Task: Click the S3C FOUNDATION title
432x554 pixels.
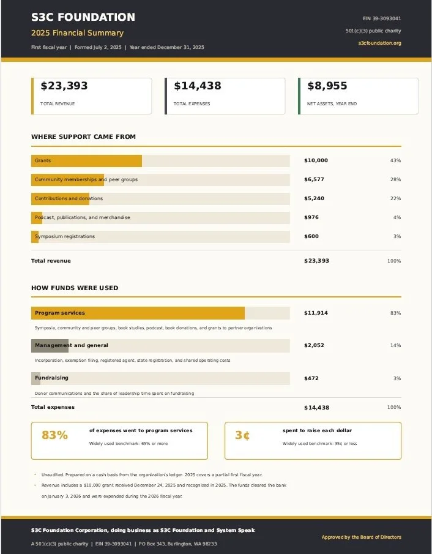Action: tap(83, 17)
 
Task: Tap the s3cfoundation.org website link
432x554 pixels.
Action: tap(380, 43)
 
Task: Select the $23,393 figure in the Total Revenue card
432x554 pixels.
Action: tap(64, 86)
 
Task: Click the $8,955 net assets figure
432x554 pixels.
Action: tap(327, 86)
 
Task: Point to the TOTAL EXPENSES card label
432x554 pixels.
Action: tap(192, 104)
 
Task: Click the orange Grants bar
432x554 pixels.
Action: tap(86, 161)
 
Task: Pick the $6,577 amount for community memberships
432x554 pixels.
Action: tap(314, 179)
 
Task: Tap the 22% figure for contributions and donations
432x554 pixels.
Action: tap(396, 198)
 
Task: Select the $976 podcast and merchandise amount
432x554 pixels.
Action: tap(311, 217)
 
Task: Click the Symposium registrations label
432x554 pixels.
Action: tap(65, 236)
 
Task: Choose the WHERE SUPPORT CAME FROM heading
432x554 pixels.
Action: tap(83, 137)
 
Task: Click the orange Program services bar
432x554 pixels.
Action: tap(138, 313)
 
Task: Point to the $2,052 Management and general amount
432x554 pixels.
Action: tap(314, 345)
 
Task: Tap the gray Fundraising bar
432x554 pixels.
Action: tap(35, 378)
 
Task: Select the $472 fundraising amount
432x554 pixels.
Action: tap(311, 378)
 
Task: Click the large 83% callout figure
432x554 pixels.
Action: tap(54, 435)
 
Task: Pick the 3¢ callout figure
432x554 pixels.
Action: tap(243, 435)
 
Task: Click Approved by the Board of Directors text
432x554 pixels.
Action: tap(362, 537)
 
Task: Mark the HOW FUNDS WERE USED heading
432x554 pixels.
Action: tap(75, 288)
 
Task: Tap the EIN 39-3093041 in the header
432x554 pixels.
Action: tap(382, 18)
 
